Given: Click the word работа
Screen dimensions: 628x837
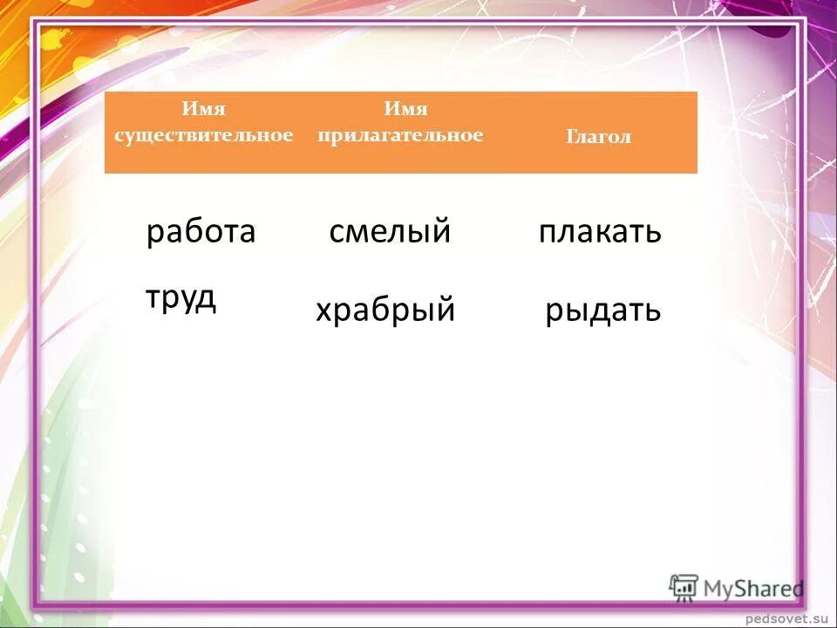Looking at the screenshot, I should [x=201, y=233].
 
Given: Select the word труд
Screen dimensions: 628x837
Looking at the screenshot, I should [x=180, y=298].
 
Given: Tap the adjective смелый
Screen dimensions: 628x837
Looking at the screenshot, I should [x=390, y=232].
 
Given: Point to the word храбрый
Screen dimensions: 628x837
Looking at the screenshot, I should [x=384, y=311].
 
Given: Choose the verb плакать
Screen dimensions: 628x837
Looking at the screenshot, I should [x=599, y=233].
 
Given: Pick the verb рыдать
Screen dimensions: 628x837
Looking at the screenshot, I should [x=602, y=311].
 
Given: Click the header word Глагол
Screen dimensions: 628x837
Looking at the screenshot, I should [x=598, y=137].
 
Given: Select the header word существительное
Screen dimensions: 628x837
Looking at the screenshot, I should [x=203, y=135].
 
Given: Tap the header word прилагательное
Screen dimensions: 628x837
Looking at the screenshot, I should [x=399, y=135].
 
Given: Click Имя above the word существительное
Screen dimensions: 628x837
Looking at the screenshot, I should [x=203, y=109].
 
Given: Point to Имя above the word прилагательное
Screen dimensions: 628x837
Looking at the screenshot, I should [x=406, y=109].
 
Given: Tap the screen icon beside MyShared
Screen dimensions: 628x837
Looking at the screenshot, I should [x=684, y=587].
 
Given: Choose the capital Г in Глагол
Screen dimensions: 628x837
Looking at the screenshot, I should [x=572, y=137].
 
